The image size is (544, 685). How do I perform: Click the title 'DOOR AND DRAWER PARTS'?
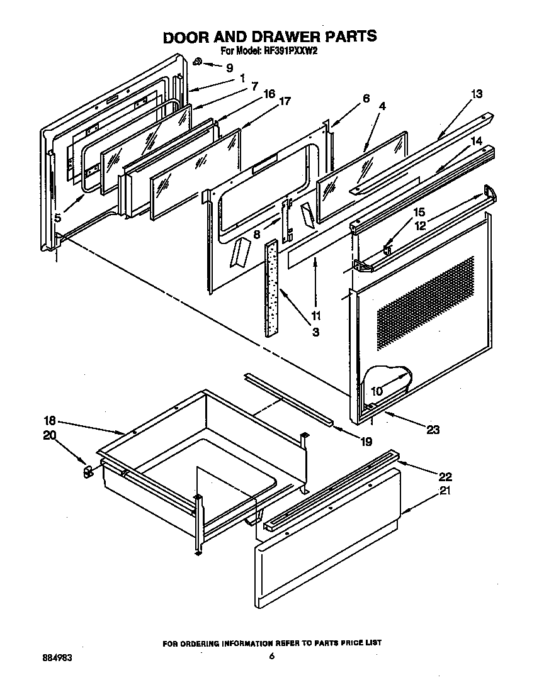[270, 36]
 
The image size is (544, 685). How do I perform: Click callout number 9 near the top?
[229, 68]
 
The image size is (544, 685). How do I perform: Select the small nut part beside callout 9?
[198, 62]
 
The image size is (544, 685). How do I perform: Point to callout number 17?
[285, 101]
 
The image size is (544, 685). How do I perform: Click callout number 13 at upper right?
[476, 94]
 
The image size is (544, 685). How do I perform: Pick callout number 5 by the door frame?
[57, 218]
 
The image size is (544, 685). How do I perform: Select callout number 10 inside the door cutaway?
[376, 391]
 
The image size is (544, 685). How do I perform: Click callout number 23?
[433, 430]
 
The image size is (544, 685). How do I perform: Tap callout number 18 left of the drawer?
[50, 421]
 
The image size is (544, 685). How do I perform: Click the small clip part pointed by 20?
[88, 471]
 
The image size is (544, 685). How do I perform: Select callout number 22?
[445, 477]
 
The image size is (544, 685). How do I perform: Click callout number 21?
[445, 491]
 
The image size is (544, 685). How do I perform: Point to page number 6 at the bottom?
[272, 657]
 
